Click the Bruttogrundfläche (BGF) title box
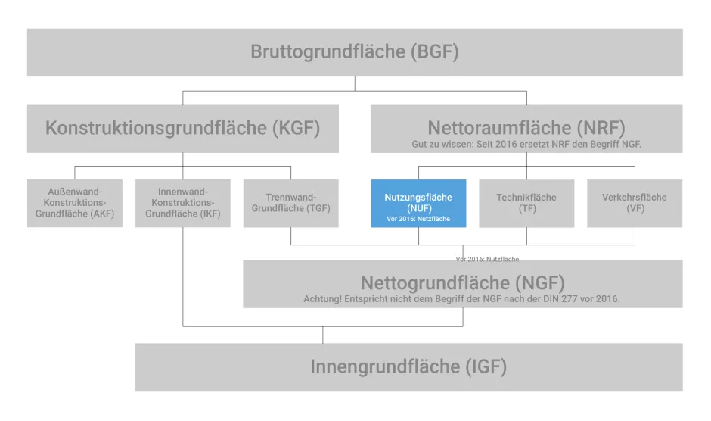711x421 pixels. [355, 52]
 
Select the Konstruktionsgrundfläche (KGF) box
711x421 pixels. [182, 128]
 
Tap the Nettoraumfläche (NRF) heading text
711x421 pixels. [526, 126]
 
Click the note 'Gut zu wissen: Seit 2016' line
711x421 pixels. [526, 143]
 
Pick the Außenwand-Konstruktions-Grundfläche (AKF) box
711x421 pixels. [74, 203]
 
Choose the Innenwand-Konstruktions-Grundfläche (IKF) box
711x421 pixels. [182, 203]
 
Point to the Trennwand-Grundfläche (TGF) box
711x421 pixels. [290, 203]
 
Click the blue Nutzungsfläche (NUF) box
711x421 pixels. [418, 203]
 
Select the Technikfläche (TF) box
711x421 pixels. [526, 203]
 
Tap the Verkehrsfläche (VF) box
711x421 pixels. [635, 203]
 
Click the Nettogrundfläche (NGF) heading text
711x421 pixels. [462, 283]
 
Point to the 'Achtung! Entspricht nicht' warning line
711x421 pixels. [461, 299]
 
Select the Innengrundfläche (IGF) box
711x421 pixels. [408, 367]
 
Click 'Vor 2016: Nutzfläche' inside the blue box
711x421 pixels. [418, 220]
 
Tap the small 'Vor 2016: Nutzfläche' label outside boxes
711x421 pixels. [487, 259]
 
